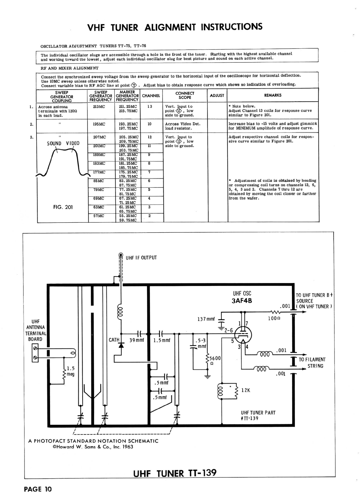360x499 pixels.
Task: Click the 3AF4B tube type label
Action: click(x=242, y=301)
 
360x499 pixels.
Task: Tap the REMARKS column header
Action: click(x=273, y=95)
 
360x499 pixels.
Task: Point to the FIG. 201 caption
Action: click(x=63, y=207)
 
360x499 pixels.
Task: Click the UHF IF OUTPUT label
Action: click(x=141, y=258)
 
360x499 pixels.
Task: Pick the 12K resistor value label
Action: click(x=246, y=390)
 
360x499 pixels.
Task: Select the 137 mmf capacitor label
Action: click(x=206, y=319)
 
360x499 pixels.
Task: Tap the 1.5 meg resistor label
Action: click(x=71, y=371)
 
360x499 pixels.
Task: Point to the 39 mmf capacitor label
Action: click(x=137, y=340)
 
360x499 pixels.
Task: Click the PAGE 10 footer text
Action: click(x=38, y=489)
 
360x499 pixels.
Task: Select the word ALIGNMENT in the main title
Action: click(x=170, y=27)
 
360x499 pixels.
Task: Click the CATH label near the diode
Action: click(x=114, y=340)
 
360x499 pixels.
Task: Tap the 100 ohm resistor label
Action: click(x=274, y=318)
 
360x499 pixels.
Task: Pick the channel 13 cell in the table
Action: click(x=150, y=106)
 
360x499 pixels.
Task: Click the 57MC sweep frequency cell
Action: click(x=99, y=216)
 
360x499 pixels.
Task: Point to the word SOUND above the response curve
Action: click(x=54, y=143)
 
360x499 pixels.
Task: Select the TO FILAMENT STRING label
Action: click(x=312, y=363)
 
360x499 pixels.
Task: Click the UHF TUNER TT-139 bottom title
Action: click(x=175, y=473)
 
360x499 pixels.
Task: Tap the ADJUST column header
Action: click(x=217, y=95)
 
